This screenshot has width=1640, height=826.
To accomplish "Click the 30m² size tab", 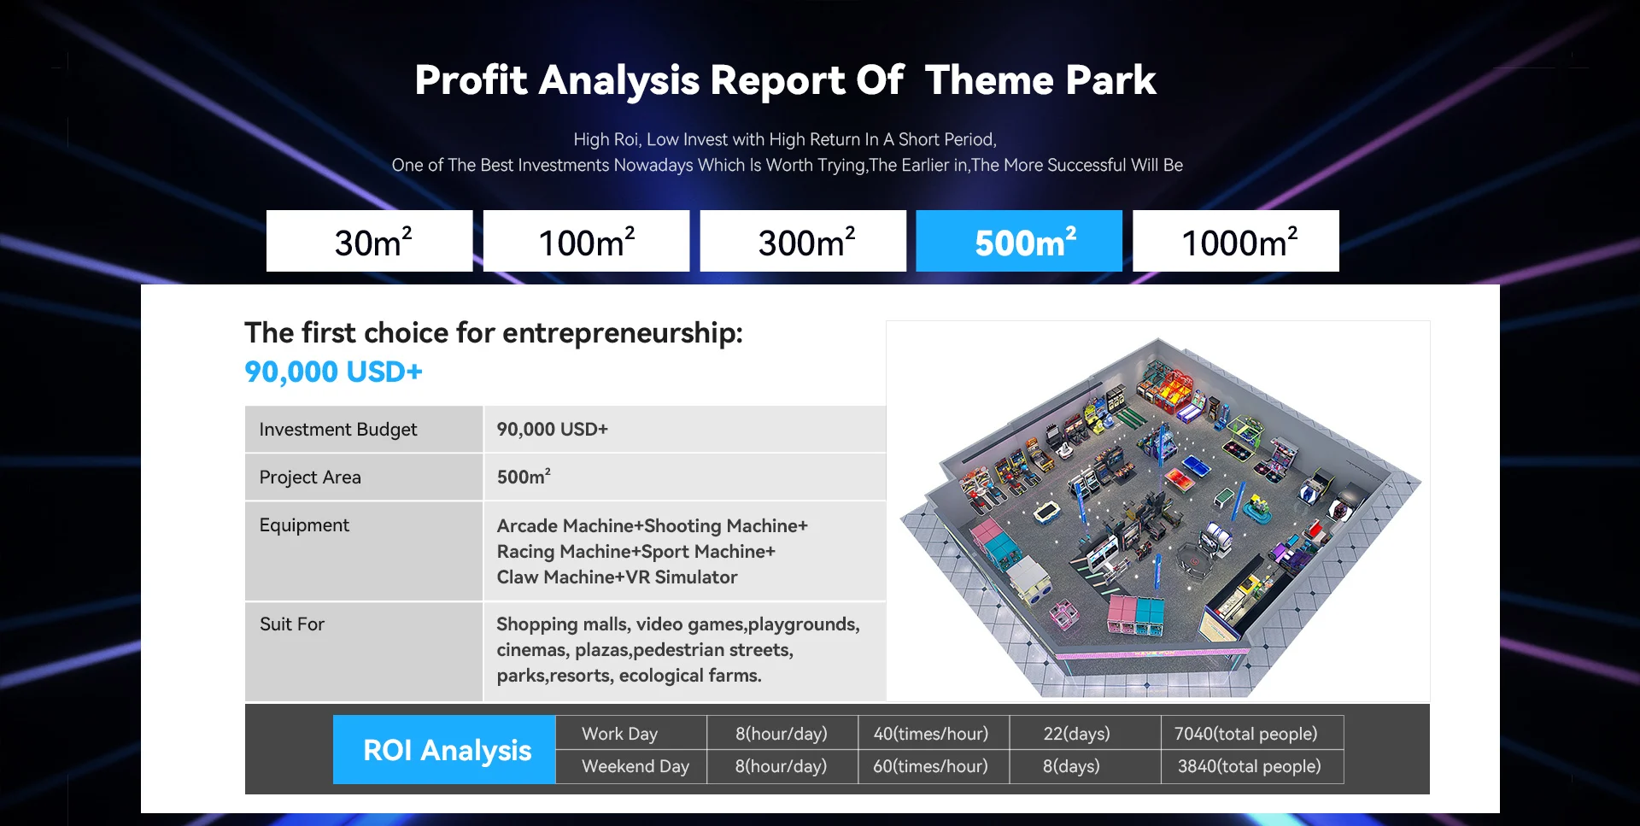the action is click(369, 241).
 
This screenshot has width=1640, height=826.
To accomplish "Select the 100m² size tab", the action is click(586, 241).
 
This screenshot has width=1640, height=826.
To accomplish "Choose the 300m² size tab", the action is click(803, 241).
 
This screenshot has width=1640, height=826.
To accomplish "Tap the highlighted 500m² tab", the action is click(1019, 241).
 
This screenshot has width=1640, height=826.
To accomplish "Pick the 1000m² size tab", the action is click(1236, 241).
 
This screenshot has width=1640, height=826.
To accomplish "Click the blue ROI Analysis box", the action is click(444, 749).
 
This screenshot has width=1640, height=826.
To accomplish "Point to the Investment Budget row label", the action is click(338, 430).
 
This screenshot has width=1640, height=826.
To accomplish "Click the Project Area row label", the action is click(310, 477).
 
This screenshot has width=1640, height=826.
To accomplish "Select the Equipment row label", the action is click(304, 525).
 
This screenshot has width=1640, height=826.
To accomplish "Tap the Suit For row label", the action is click(292, 624).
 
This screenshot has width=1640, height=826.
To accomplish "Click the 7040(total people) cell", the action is click(1245, 734).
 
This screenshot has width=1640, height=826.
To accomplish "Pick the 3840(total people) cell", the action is click(1249, 766).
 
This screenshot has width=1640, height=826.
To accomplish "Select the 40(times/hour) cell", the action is click(931, 734).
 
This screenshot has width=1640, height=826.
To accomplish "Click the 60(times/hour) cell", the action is click(930, 766).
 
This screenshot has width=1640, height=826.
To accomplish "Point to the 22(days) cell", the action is click(1076, 734).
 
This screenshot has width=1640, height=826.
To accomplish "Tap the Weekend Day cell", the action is click(635, 766).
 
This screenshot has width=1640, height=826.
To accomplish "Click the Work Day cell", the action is click(619, 734).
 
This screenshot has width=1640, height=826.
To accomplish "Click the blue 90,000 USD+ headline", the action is click(333, 372).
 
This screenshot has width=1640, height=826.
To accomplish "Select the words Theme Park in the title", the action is click(1040, 80).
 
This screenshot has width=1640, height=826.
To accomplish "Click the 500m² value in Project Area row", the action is click(524, 477).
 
